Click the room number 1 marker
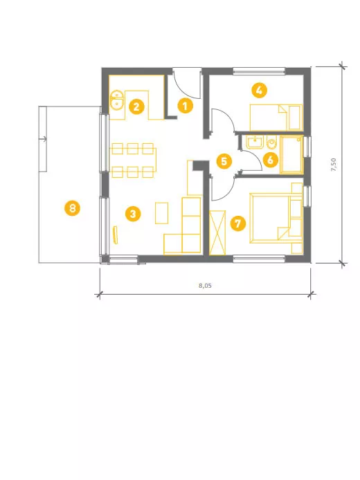point(185,106)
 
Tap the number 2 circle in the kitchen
point(136,107)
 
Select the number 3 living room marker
point(133,214)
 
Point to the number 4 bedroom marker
point(259,91)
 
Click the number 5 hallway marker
point(224,161)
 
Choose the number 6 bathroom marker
point(271,160)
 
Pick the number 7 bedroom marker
point(238,223)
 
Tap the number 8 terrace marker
point(72,208)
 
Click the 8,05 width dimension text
point(206,286)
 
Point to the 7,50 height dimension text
point(334,165)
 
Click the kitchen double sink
point(117,100)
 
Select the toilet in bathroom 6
point(272,143)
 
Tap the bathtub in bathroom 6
point(291,155)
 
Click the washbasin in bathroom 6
point(255,142)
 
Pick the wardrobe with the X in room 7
point(217,232)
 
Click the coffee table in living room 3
point(162,213)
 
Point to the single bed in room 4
point(276,118)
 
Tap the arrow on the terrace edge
point(43,139)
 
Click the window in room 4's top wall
point(259,71)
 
